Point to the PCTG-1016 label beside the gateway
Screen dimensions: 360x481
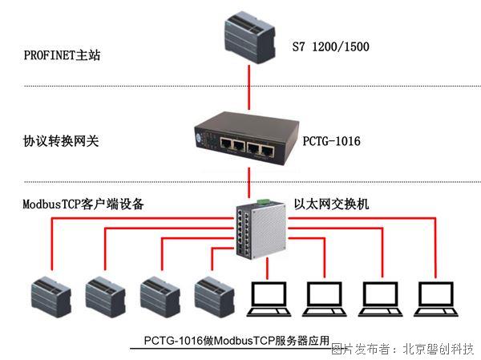[331, 141]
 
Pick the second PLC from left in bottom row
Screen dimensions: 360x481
[105, 297]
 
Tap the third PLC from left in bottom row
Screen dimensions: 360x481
[160, 297]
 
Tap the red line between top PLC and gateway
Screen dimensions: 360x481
[249, 88]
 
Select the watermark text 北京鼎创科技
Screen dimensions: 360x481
[437, 349]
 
